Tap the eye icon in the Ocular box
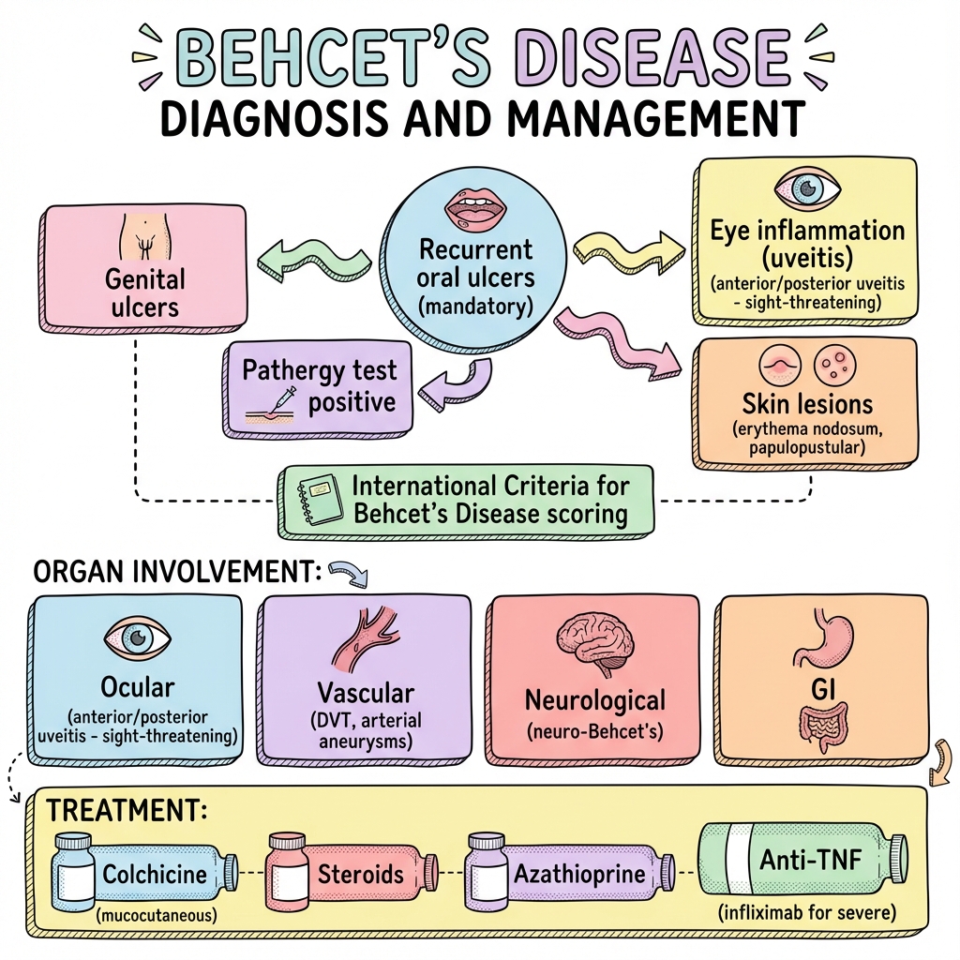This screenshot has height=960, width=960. tap(139, 638)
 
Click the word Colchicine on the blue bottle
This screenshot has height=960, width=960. tap(154, 875)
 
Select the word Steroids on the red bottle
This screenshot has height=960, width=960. tap(360, 875)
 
